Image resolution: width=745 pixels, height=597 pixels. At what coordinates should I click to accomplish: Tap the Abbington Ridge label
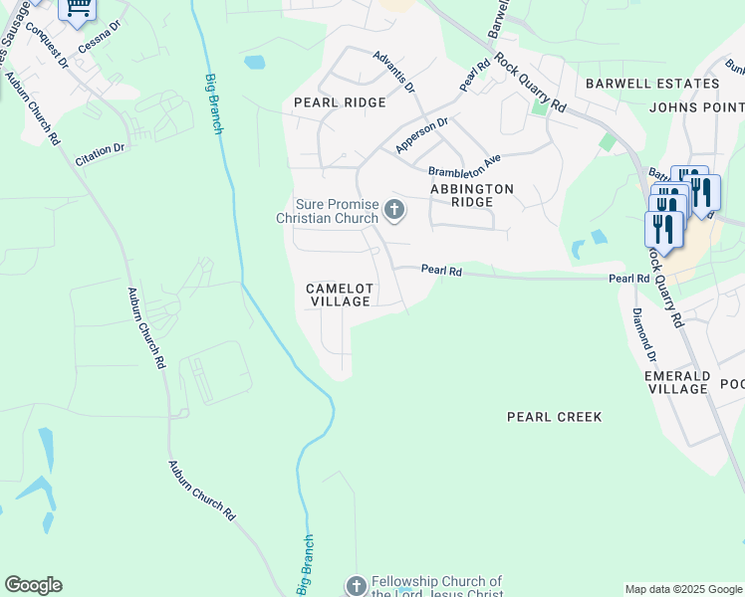click(x=472, y=195)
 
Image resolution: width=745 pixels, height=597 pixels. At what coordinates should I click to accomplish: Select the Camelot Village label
click(x=340, y=295)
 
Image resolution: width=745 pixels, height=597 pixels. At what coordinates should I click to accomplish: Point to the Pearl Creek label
click(x=554, y=417)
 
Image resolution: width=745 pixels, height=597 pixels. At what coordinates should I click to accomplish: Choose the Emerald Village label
click(x=677, y=382)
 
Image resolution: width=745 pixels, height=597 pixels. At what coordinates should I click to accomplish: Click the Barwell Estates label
click(x=652, y=84)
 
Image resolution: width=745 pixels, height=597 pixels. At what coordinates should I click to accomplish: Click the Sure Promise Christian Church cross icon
click(x=394, y=210)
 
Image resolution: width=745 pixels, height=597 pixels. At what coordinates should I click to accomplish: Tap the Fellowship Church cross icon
click(x=357, y=585)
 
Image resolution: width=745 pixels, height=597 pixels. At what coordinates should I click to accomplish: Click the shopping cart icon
click(x=77, y=8)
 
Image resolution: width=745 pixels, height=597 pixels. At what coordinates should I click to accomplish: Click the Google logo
click(x=33, y=585)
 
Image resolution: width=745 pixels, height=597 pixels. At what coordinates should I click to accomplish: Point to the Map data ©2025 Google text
click(x=682, y=589)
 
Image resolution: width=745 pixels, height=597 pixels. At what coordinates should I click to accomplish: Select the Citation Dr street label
click(x=101, y=152)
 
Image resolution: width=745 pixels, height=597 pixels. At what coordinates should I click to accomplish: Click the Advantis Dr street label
click(x=394, y=73)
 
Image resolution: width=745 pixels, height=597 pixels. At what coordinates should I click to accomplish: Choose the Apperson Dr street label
click(x=422, y=135)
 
